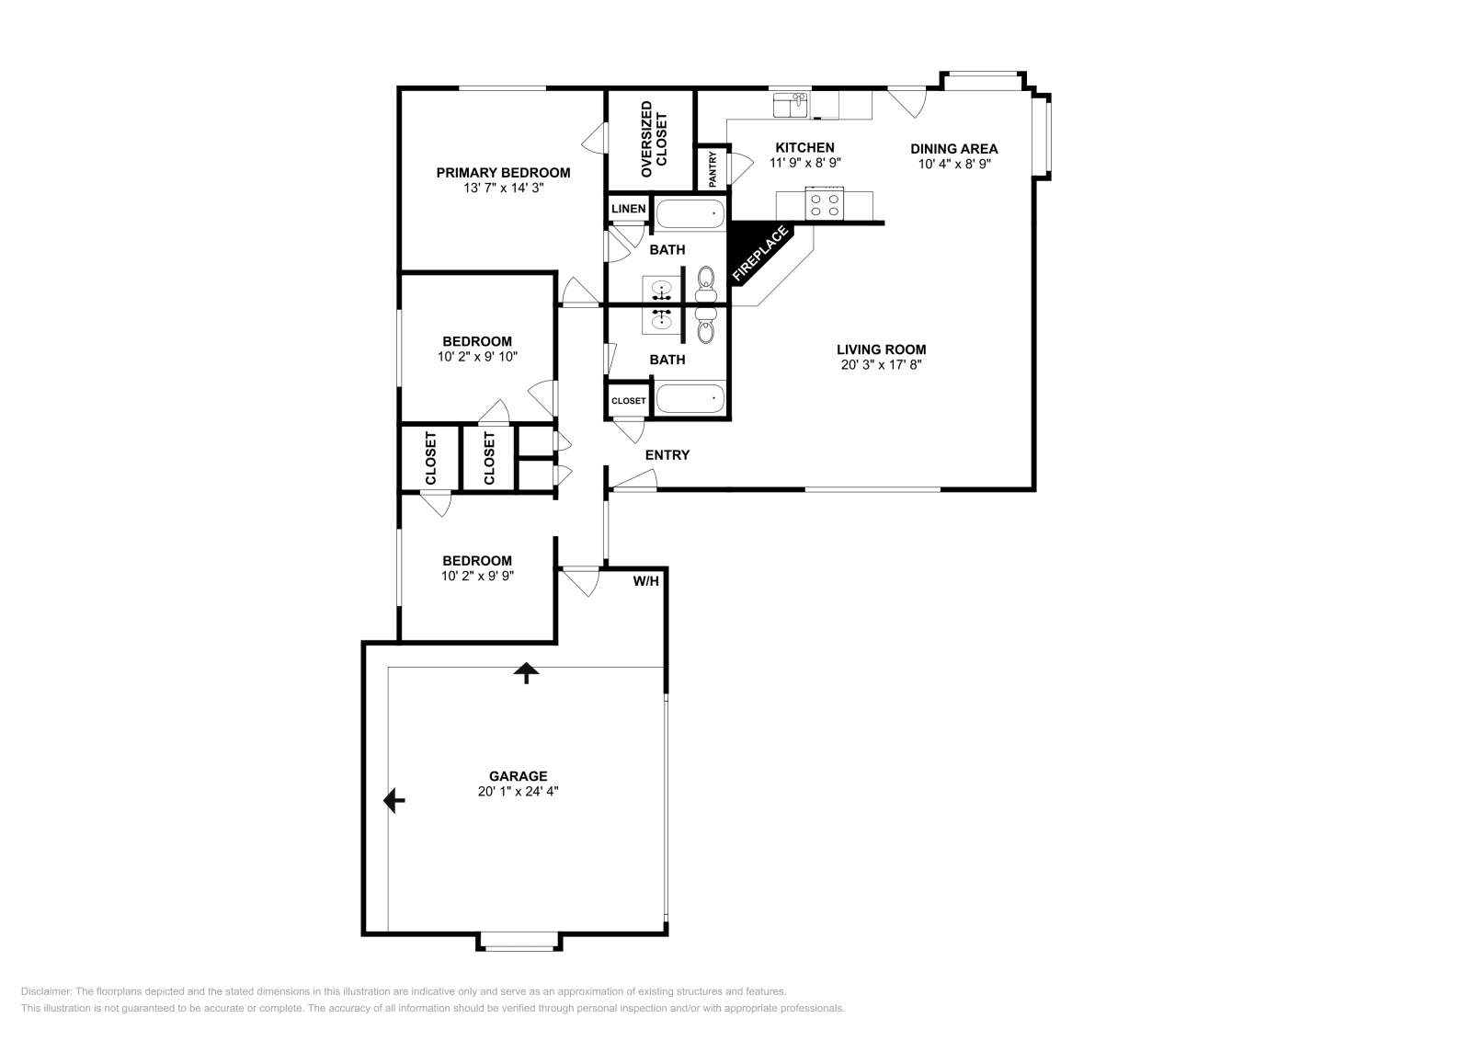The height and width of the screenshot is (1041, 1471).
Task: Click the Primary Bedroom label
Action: (x=503, y=172)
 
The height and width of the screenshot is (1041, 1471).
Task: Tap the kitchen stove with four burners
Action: (x=824, y=203)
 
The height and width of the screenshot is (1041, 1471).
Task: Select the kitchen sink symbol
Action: (x=789, y=105)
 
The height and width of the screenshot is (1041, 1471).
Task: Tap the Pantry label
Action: (x=713, y=169)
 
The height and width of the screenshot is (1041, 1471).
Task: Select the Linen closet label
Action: (x=628, y=209)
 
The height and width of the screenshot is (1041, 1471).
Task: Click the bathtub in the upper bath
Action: (x=690, y=215)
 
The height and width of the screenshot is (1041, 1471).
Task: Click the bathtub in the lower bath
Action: (x=690, y=400)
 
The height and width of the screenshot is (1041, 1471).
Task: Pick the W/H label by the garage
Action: (x=645, y=581)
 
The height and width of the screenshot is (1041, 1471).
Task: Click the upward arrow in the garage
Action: (x=526, y=673)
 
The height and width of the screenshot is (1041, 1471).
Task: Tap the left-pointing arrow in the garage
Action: (x=394, y=801)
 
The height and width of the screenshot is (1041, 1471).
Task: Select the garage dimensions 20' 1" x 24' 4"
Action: (x=518, y=791)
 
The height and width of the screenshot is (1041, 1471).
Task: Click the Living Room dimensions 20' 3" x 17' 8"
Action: (x=881, y=364)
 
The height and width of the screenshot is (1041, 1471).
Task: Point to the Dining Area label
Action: (x=953, y=148)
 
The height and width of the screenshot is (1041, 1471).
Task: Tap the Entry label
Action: (x=667, y=454)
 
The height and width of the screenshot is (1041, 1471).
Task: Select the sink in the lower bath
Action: (x=661, y=319)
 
